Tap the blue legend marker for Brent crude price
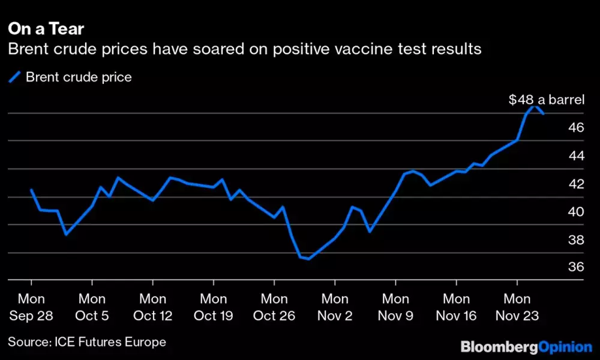[x=14, y=77]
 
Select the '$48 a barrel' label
[x=547, y=100]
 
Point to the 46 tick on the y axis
[x=577, y=127]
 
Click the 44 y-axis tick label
[x=577, y=155]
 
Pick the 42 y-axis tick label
[x=577, y=184]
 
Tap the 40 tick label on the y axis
[x=577, y=212]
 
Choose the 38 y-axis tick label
[x=577, y=239]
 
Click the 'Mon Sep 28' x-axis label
[x=31, y=307]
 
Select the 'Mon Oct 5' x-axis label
[x=92, y=307]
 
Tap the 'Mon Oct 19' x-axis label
[x=214, y=307]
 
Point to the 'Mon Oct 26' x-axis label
[x=274, y=307]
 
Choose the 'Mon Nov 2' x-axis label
[x=335, y=307]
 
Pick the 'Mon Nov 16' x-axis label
[x=456, y=307]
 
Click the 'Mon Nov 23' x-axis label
[x=517, y=307]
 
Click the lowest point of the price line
[x=308, y=259]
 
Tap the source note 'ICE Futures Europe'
[x=110, y=342]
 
